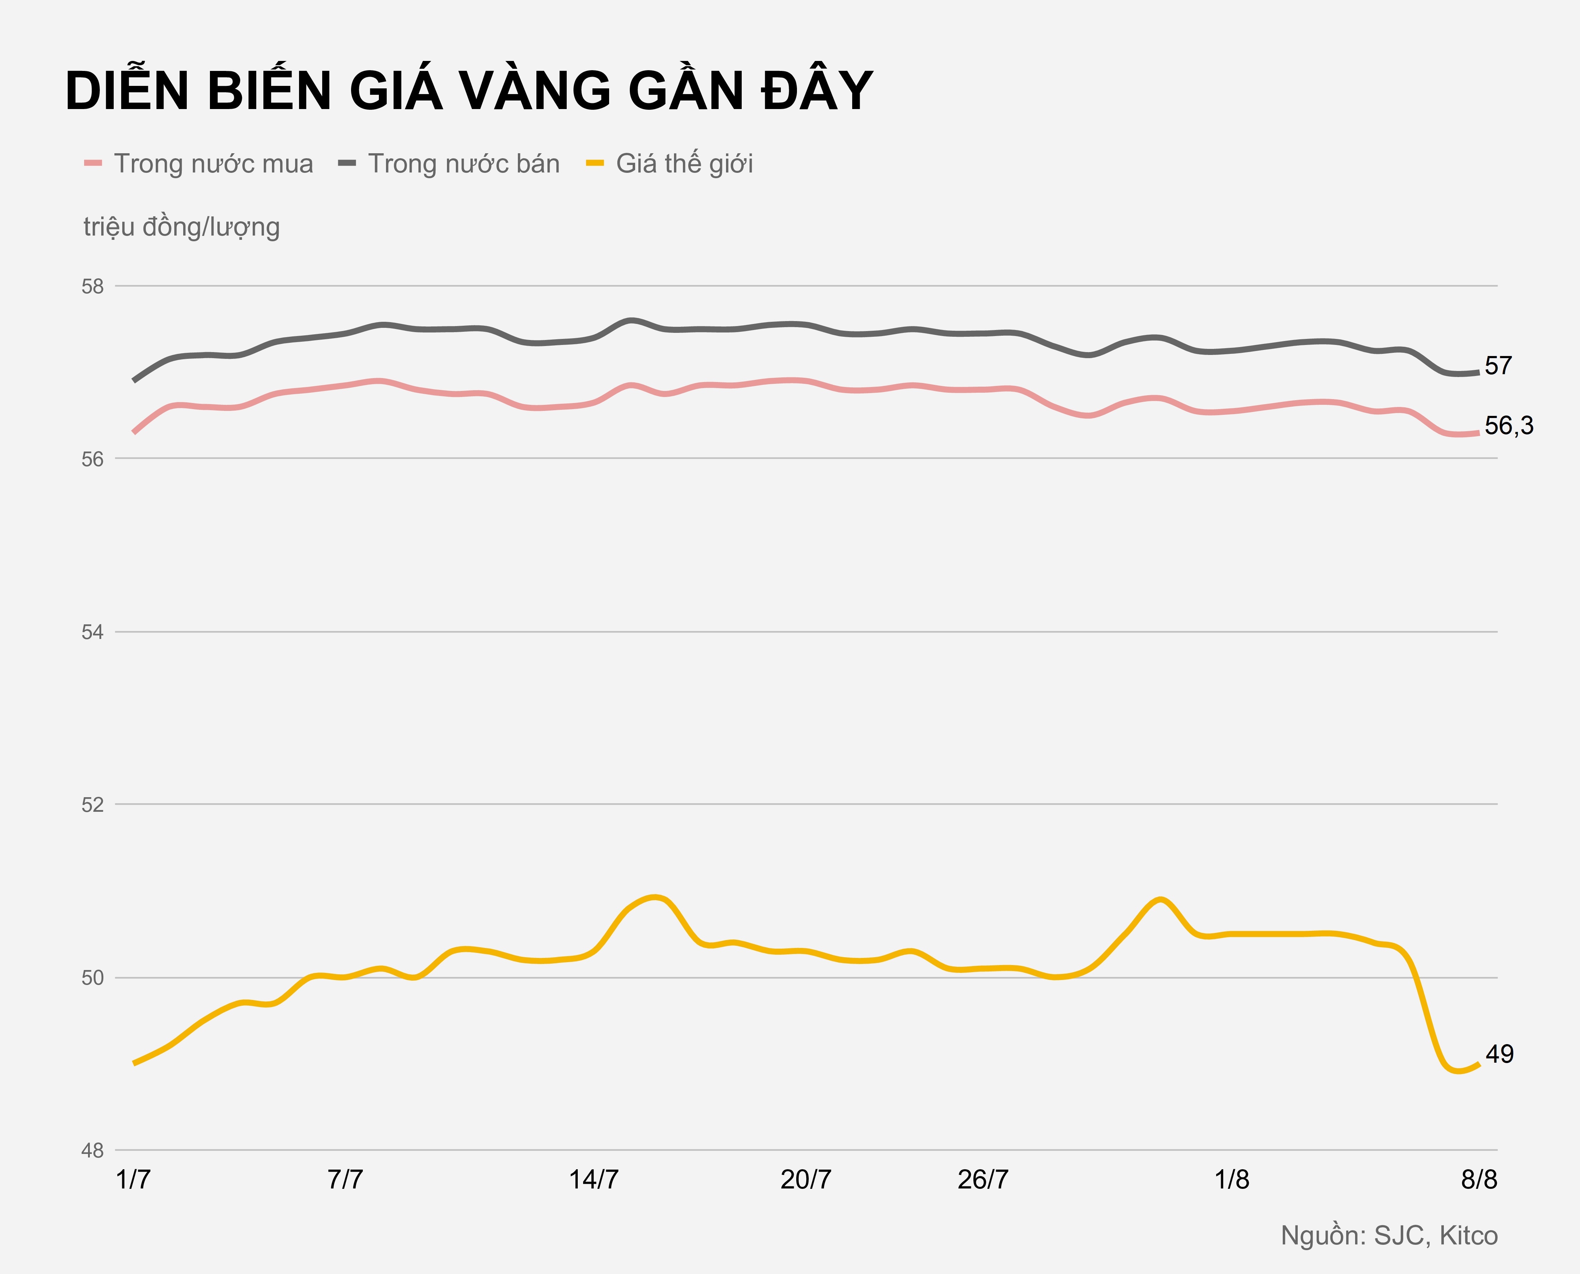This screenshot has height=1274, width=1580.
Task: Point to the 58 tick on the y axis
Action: pos(92,286)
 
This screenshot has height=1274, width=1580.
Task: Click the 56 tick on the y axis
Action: pos(92,459)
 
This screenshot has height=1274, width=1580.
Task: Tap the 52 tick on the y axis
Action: pos(92,805)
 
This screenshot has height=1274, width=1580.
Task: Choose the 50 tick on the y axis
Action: pos(92,978)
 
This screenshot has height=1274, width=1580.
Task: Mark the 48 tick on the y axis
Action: pos(92,1151)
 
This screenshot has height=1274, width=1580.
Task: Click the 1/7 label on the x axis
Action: pos(134,1180)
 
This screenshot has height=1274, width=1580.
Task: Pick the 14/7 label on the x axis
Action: pos(594,1180)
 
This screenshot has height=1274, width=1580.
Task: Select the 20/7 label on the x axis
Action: pos(806,1180)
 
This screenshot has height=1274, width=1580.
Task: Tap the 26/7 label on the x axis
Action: pos(983,1180)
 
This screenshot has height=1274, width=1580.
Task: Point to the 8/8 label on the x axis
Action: pos(1479,1180)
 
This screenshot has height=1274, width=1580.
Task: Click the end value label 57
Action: pos(1498,366)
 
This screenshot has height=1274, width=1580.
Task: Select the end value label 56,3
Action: pos(1509,425)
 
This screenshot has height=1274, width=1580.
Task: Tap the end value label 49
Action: pos(1499,1054)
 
